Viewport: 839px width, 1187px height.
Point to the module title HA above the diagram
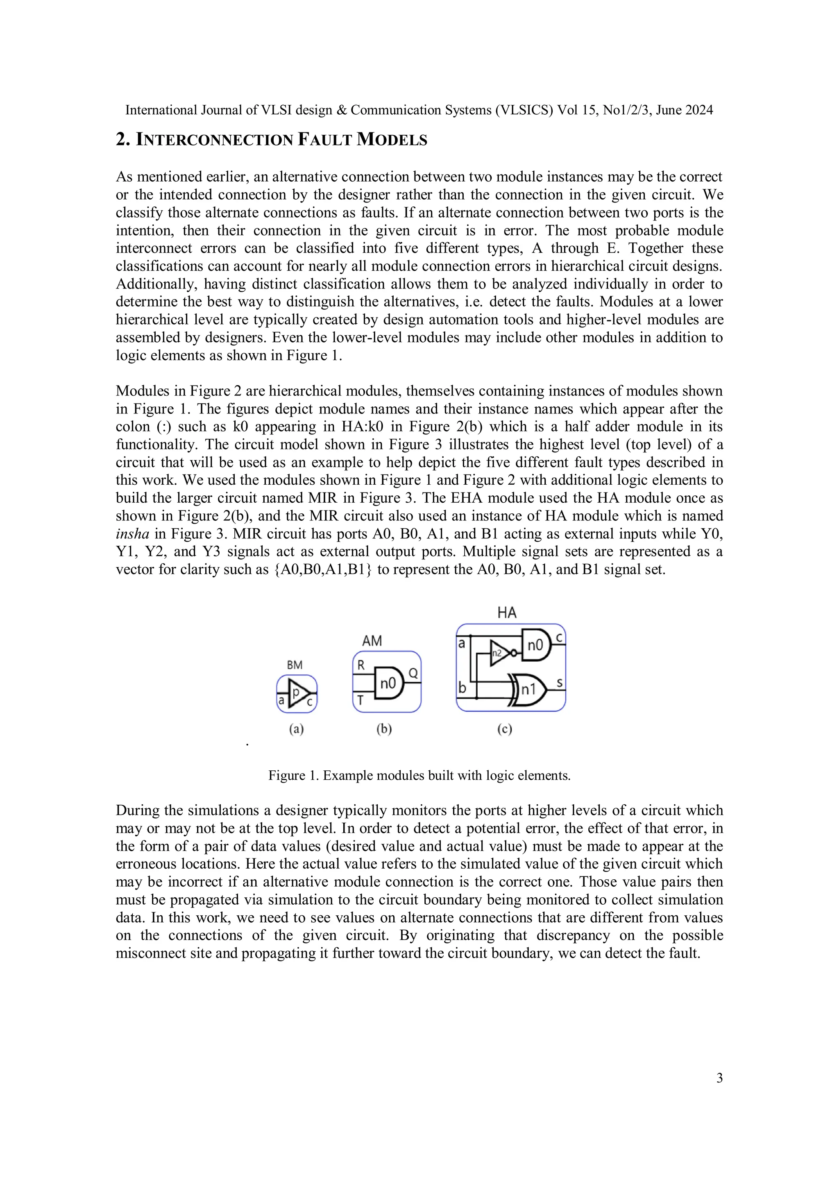click(507, 613)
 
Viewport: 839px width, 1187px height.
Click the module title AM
click(372, 641)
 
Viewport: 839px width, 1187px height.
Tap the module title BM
click(294, 665)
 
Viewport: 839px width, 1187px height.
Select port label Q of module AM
click(413, 674)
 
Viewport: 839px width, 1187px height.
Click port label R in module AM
click(361, 665)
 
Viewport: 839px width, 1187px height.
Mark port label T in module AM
click(361, 701)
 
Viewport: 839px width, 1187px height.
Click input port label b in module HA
click(462, 688)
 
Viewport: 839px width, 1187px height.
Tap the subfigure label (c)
click(505, 729)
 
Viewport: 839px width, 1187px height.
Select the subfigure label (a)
click(296, 729)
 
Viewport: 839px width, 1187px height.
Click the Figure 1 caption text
click(419, 776)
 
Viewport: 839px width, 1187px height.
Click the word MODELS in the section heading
click(392, 140)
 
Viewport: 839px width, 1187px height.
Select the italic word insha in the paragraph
click(132, 533)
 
